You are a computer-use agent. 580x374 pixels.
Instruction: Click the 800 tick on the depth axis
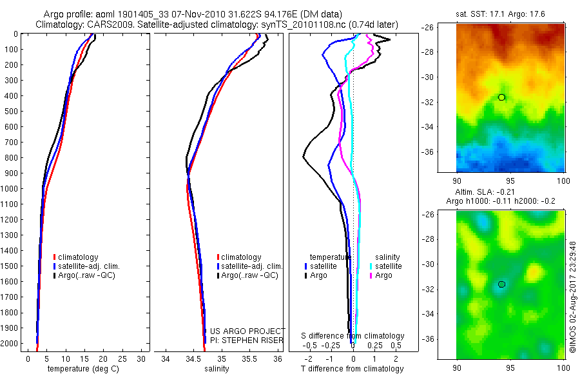click(12, 157)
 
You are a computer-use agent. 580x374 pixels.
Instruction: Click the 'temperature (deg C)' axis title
click(81, 369)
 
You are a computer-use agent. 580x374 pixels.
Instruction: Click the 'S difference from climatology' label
click(353, 336)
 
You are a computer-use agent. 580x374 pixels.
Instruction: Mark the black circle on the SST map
click(501, 97)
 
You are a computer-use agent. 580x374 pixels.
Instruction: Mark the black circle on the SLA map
click(501, 284)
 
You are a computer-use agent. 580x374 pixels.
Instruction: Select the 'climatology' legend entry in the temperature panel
click(79, 257)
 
